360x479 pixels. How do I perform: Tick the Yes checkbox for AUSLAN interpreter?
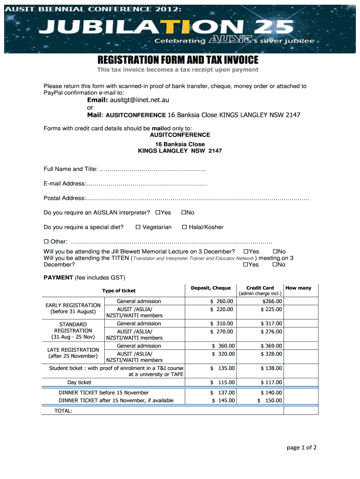click(x=158, y=213)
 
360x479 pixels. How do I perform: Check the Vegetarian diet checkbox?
click(x=138, y=227)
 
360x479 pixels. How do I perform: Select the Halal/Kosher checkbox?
click(x=184, y=227)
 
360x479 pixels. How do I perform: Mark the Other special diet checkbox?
click(x=46, y=242)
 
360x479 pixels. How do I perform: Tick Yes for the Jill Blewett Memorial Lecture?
click(x=246, y=252)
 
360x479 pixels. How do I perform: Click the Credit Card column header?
click(x=260, y=288)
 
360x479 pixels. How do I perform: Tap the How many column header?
click(x=298, y=288)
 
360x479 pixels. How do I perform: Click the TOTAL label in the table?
click(x=64, y=411)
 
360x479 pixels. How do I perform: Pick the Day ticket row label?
click(x=79, y=383)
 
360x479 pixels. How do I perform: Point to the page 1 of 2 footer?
click(x=302, y=448)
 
